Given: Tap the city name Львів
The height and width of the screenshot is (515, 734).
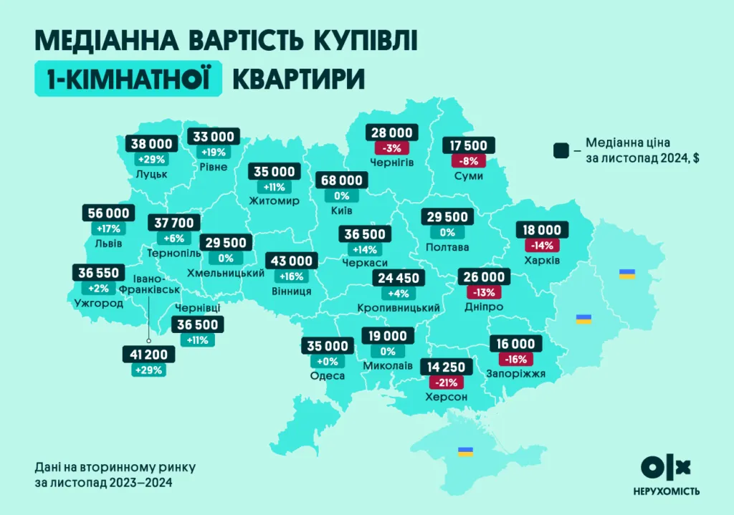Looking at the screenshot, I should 108,244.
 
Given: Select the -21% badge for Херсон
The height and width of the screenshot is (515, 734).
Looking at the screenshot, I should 447,383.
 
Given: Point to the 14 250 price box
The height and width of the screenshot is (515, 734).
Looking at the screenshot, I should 447,367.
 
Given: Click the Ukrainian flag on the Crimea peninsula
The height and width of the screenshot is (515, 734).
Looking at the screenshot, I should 465,451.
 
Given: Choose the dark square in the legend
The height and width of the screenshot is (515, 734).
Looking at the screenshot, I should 561,151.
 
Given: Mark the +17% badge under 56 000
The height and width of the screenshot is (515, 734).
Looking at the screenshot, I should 108,228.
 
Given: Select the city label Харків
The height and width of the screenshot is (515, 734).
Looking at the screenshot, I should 541,259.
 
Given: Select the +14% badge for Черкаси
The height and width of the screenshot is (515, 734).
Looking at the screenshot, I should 366,249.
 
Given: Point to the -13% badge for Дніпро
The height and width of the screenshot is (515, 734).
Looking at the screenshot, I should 485,292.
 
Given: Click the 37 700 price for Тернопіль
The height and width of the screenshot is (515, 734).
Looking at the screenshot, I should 173,223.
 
